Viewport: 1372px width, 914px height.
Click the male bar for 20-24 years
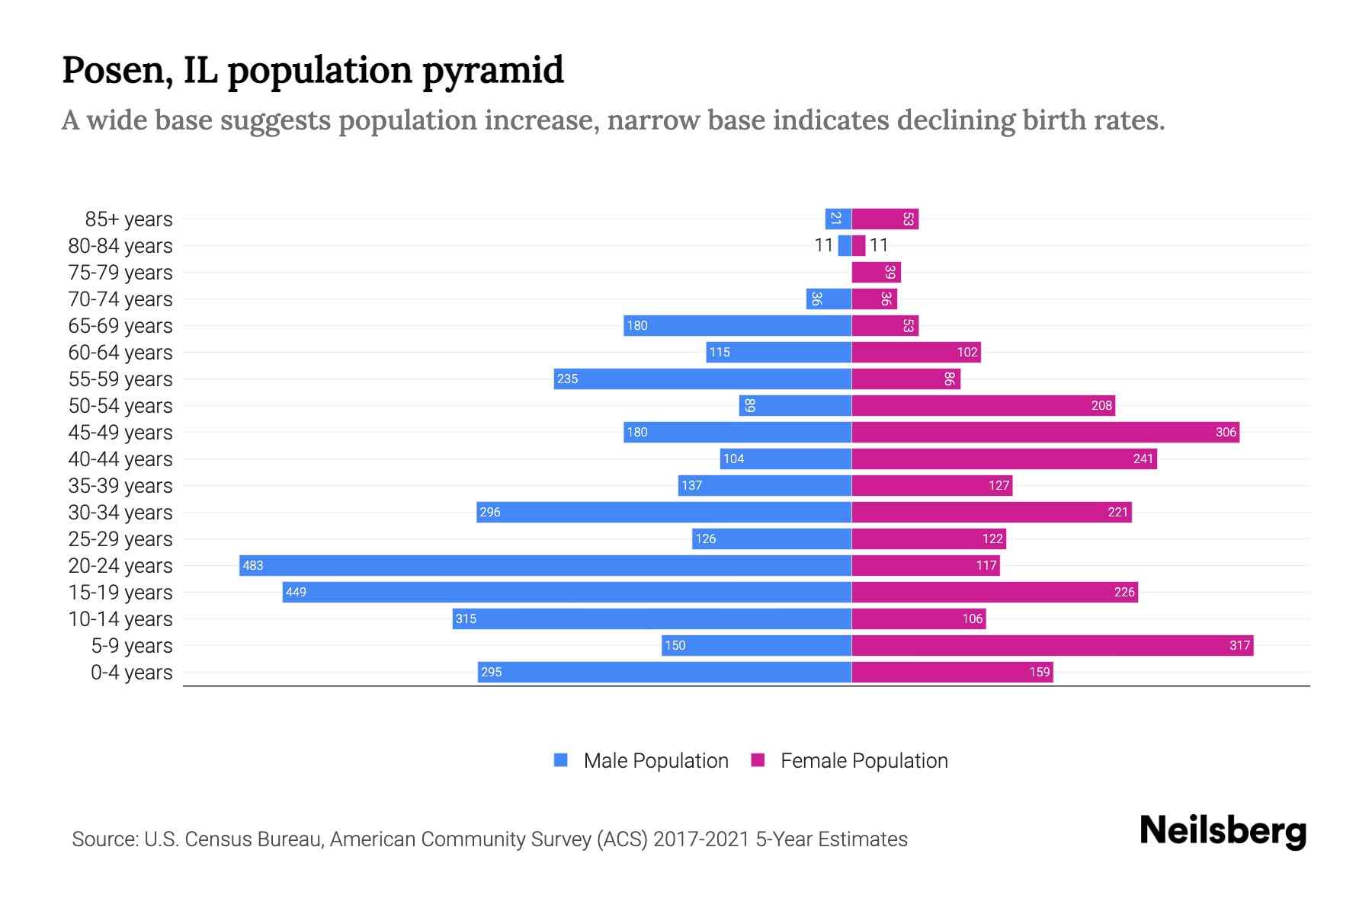pyautogui.click(x=545, y=565)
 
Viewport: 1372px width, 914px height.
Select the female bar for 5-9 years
pyautogui.click(x=1052, y=645)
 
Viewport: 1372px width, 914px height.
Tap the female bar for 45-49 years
pyautogui.click(x=1045, y=432)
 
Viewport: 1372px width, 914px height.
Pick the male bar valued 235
pyautogui.click(x=702, y=379)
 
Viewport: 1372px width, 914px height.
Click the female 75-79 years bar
pyautogui.click(x=876, y=272)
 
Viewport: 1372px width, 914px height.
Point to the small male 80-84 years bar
pyautogui.click(x=845, y=245)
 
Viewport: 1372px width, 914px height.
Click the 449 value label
pyautogui.click(x=296, y=592)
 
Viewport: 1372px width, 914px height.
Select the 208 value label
pyautogui.click(x=1101, y=405)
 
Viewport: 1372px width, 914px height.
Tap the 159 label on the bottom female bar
pyautogui.click(x=1039, y=672)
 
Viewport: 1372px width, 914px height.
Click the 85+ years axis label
pyautogui.click(x=128, y=219)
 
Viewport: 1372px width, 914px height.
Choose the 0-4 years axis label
pyautogui.click(x=131, y=673)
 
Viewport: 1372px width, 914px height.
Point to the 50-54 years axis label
pyautogui.click(x=120, y=406)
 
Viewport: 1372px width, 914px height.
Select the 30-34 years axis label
pyautogui.click(x=120, y=513)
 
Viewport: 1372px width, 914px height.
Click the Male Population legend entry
pyautogui.click(x=655, y=760)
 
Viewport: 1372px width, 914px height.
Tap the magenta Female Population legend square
pyautogui.click(x=758, y=760)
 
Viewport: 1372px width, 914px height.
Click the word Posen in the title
pyautogui.click(x=111, y=70)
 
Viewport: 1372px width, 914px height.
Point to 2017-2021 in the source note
pyautogui.click(x=700, y=839)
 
